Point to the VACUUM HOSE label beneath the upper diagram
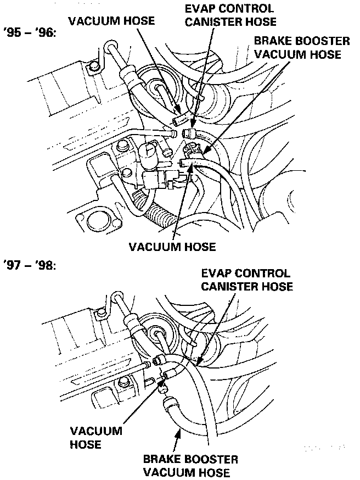172,245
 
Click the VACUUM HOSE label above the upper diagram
111,21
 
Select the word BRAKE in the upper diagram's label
271,41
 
